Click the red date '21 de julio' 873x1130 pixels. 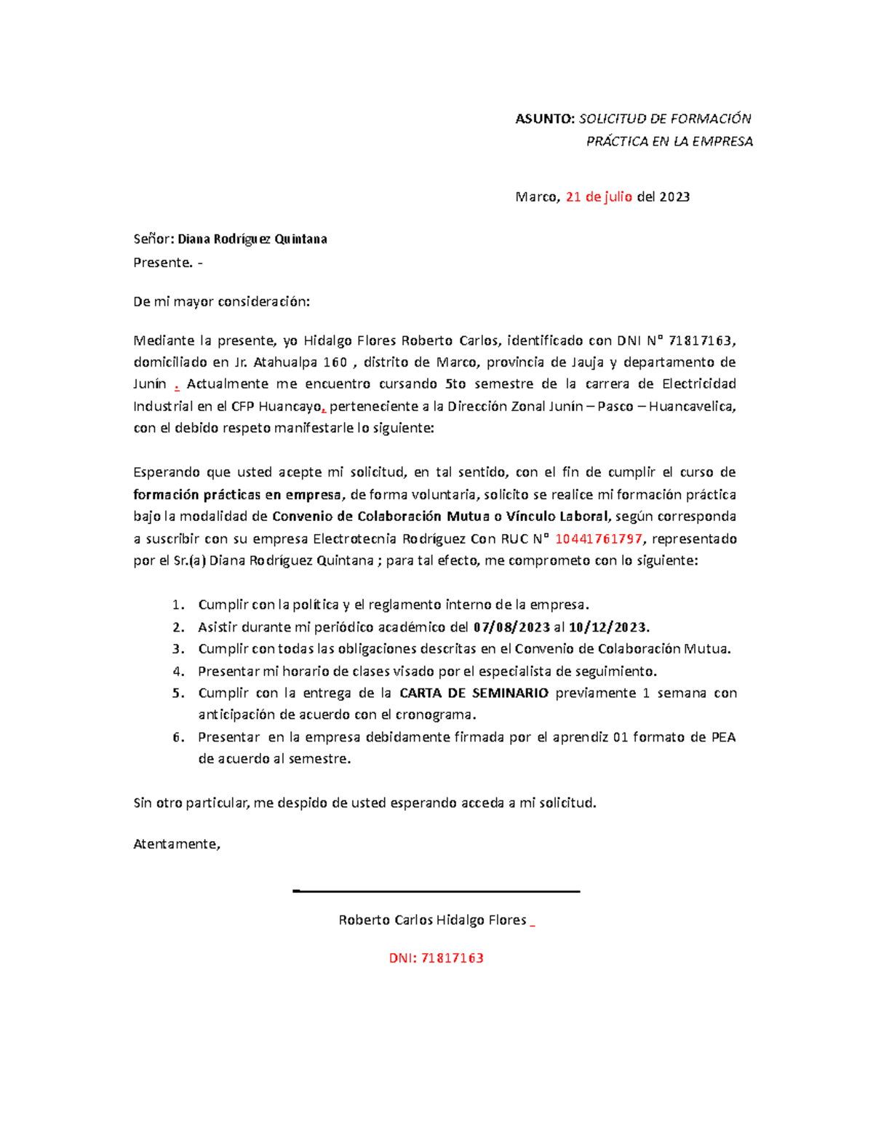click(x=599, y=196)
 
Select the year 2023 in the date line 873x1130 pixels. click(x=674, y=196)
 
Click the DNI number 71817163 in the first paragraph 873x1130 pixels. click(x=701, y=340)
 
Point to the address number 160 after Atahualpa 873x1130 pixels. click(x=335, y=362)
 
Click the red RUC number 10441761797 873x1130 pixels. click(x=599, y=539)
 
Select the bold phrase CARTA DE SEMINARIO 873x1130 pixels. click(x=474, y=693)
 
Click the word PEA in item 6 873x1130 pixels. click(x=723, y=737)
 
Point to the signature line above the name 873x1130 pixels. click(x=436, y=891)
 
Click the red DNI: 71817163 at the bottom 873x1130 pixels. click(x=436, y=958)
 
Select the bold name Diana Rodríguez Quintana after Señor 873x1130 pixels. click(x=252, y=239)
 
